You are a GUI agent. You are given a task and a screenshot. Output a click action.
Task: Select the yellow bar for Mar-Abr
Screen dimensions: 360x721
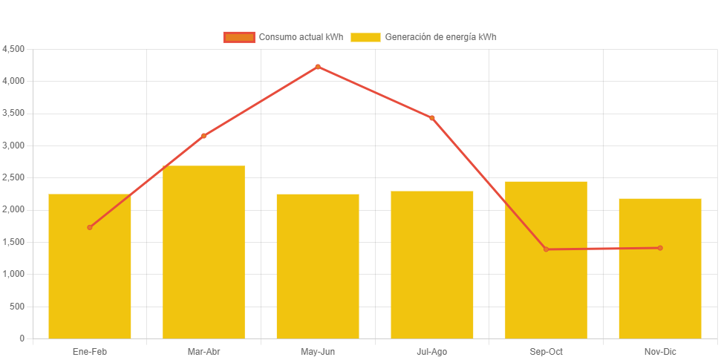click(203, 252)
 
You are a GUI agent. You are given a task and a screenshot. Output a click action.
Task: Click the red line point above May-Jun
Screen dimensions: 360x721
click(318, 67)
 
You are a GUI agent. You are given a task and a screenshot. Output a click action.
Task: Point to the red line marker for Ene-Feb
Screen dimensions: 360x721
click(90, 227)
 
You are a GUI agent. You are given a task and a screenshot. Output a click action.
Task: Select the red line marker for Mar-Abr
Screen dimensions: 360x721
click(203, 136)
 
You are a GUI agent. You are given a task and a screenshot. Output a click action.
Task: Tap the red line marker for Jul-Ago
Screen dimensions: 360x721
click(432, 118)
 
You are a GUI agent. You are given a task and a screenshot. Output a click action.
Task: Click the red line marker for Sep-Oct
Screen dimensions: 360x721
click(546, 249)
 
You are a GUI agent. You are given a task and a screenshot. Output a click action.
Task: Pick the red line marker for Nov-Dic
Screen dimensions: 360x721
click(660, 248)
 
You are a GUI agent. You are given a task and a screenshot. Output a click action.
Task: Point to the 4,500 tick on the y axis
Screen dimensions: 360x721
click(14, 49)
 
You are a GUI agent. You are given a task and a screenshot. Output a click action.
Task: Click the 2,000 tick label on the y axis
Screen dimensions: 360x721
click(14, 209)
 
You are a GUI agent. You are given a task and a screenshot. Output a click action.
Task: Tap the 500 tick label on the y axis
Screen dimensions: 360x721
click(17, 306)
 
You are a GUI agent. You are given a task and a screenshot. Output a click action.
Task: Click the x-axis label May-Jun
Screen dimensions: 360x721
click(318, 351)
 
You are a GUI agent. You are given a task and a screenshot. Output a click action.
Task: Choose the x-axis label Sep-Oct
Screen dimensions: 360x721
click(546, 351)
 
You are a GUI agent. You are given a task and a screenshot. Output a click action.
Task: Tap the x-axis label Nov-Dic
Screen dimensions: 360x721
click(660, 351)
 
